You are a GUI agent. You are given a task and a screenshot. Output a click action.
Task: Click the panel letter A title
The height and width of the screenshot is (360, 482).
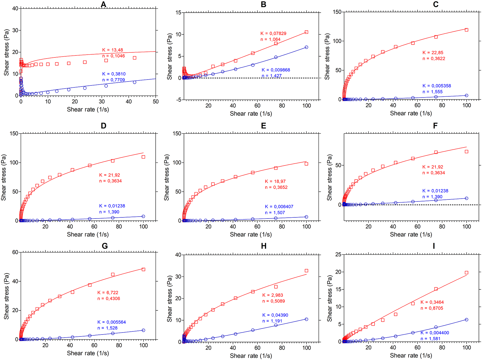pos(103,4)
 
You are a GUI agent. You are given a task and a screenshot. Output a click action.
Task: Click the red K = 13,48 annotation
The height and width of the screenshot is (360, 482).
pos(112,50)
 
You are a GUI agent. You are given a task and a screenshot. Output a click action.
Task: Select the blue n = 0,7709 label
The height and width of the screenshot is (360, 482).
pos(114,80)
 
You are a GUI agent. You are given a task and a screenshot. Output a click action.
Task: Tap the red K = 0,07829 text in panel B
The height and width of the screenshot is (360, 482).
pos(273,34)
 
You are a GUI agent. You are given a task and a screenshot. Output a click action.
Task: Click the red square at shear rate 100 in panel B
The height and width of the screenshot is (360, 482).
pos(306,32)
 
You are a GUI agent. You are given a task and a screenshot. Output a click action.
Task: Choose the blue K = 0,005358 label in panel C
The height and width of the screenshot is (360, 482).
pos(437,86)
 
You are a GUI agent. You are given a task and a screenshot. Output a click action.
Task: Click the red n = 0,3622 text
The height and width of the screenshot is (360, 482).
pos(434,59)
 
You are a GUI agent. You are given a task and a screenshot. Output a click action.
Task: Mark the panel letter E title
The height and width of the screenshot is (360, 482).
pos(264,126)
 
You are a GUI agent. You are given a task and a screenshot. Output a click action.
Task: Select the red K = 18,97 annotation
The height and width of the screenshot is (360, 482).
pos(275,182)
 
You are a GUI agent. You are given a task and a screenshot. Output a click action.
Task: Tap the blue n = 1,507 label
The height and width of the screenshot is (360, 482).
pos(275,213)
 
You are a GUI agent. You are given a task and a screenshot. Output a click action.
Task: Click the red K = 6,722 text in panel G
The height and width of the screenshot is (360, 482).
pos(108,293)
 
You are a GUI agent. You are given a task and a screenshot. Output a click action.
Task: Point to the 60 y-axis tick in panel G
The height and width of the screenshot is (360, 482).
pos(15,252)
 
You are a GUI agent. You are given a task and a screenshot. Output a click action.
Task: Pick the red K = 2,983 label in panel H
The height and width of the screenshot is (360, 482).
pos(273,295)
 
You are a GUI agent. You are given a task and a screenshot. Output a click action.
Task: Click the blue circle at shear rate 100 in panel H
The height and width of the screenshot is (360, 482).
pos(306,319)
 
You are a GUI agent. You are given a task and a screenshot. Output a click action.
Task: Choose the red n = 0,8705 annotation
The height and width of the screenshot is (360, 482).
pos(432,308)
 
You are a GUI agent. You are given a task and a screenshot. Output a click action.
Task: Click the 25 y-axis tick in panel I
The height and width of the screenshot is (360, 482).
pos(338,254)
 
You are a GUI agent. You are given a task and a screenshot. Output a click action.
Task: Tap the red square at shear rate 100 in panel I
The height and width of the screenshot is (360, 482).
pos(467,273)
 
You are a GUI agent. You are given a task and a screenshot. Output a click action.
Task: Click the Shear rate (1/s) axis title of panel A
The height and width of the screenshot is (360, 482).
pos(88,110)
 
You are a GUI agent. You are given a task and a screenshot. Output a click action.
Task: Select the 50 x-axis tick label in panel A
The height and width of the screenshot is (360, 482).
pos(156,102)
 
